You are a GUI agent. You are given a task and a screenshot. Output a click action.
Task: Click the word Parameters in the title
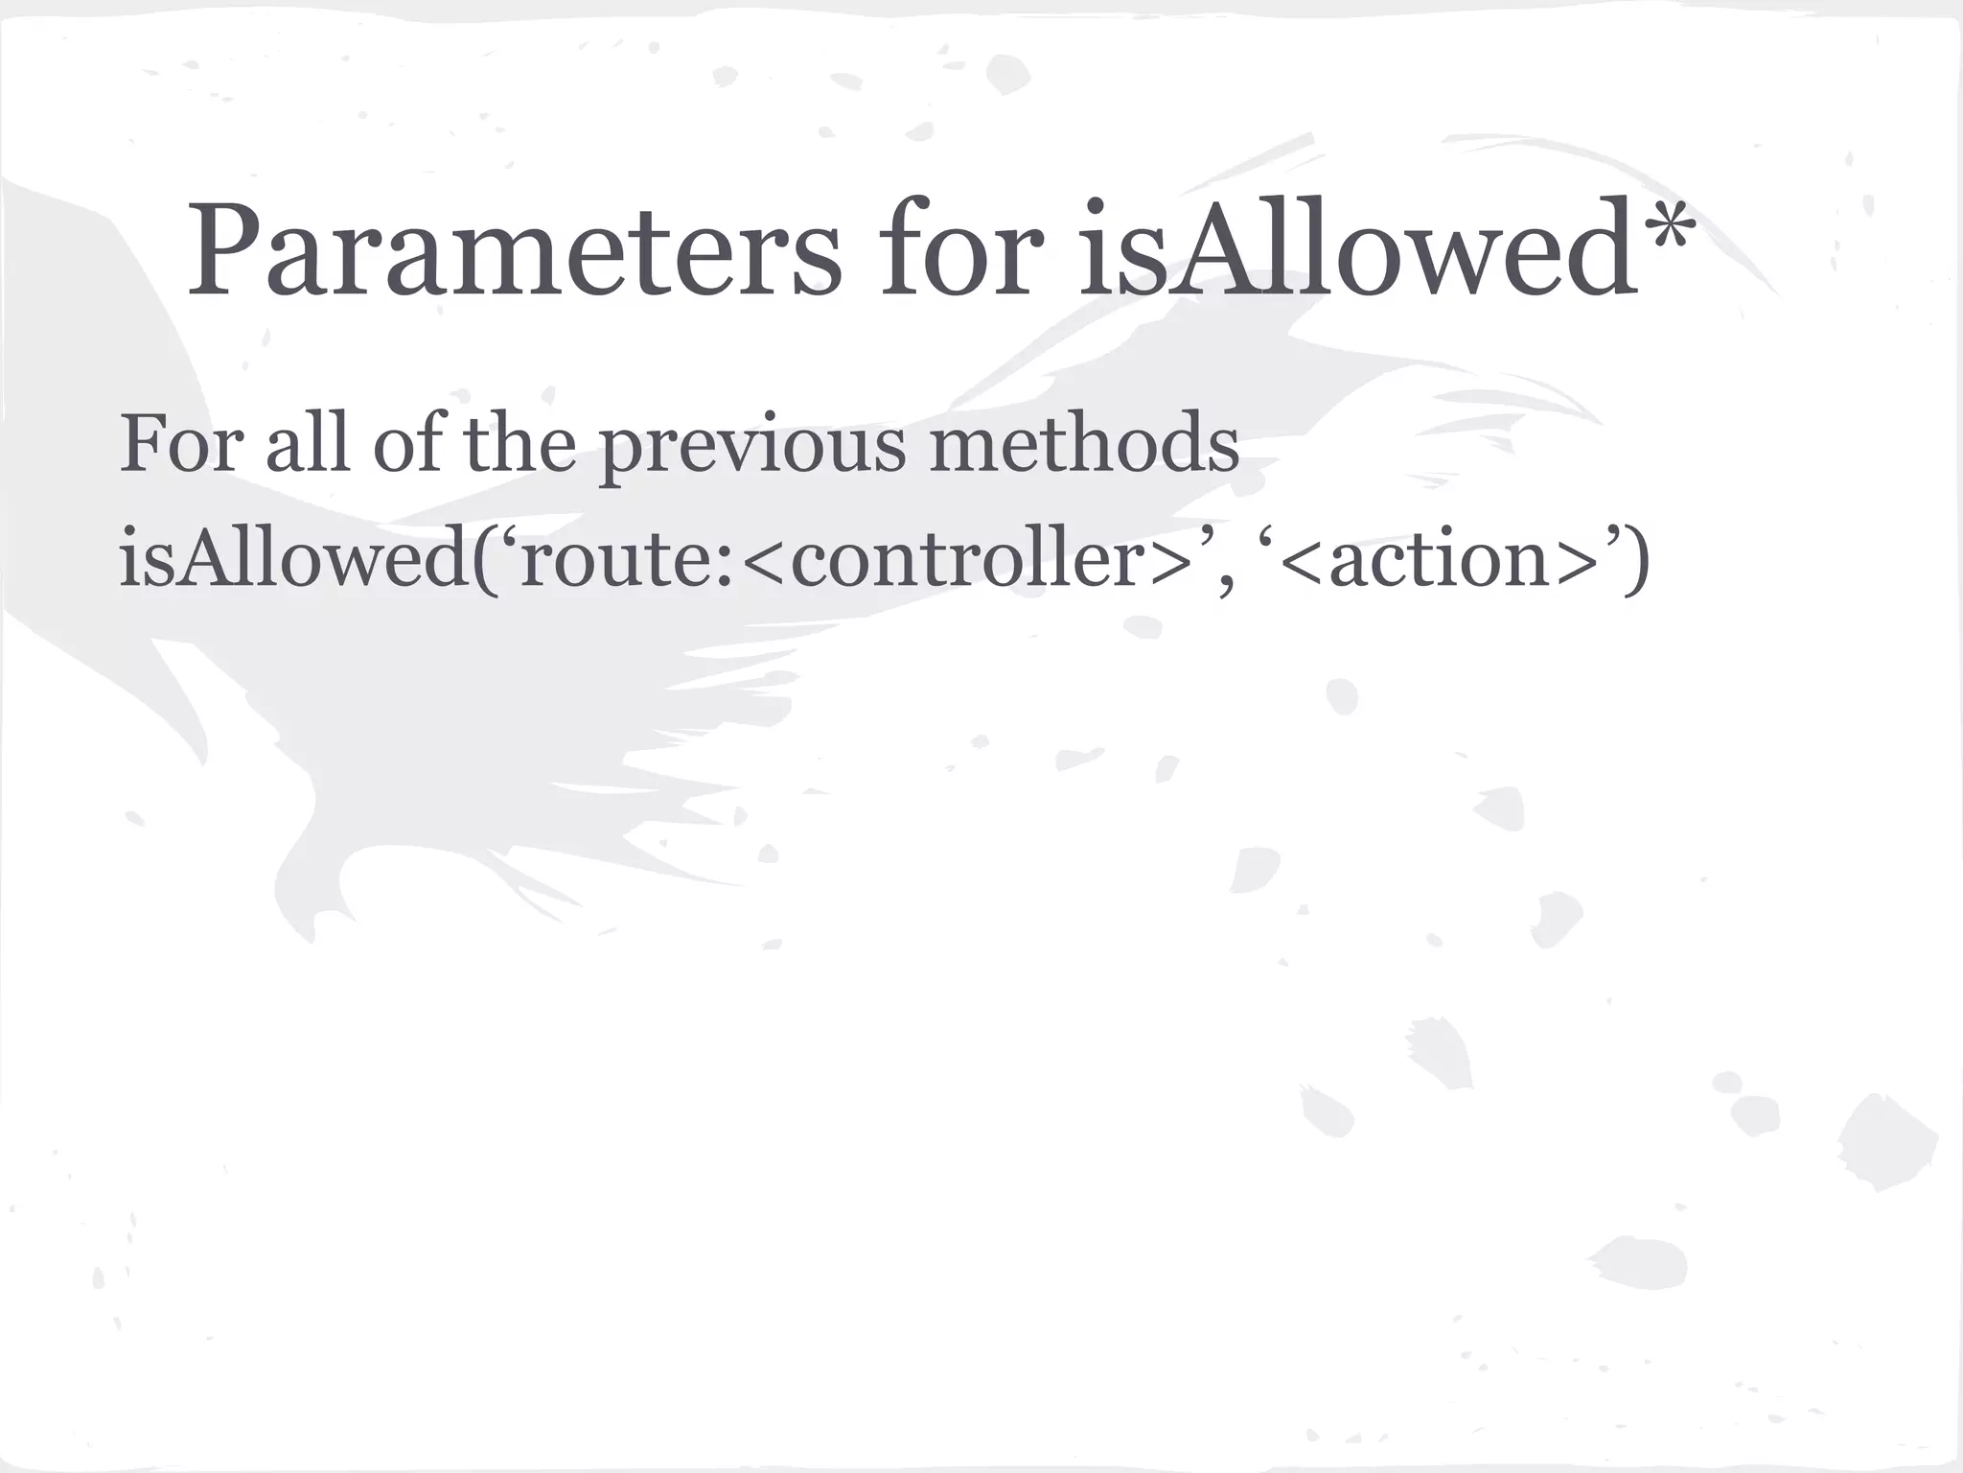click(513, 251)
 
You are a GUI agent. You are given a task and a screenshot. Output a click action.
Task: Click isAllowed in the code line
click(292, 559)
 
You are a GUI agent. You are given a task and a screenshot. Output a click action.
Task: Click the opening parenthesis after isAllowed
click(485, 561)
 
